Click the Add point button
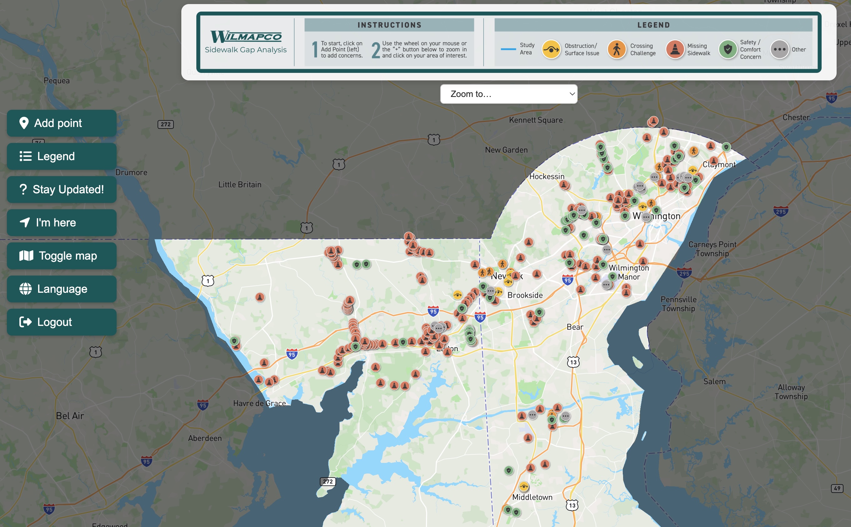pos(62,123)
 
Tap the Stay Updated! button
pos(62,189)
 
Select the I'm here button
pos(62,222)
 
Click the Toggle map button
pos(62,256)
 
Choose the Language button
pos(62,289)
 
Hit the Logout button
pos(62,322)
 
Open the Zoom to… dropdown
pos(509,94)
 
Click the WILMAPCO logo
pos(246,37)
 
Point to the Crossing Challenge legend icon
pos(617,49)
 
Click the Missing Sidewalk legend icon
pos(675,49)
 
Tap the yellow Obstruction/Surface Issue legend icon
pos(551,49)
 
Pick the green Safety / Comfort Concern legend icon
pos(728,49)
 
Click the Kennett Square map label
pos(536,120)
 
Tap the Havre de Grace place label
pos(259,403)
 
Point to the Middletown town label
pos(532,497)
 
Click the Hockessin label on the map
pos(546,176)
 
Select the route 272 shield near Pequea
pos(165,124)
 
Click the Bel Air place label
pos(70,415)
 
